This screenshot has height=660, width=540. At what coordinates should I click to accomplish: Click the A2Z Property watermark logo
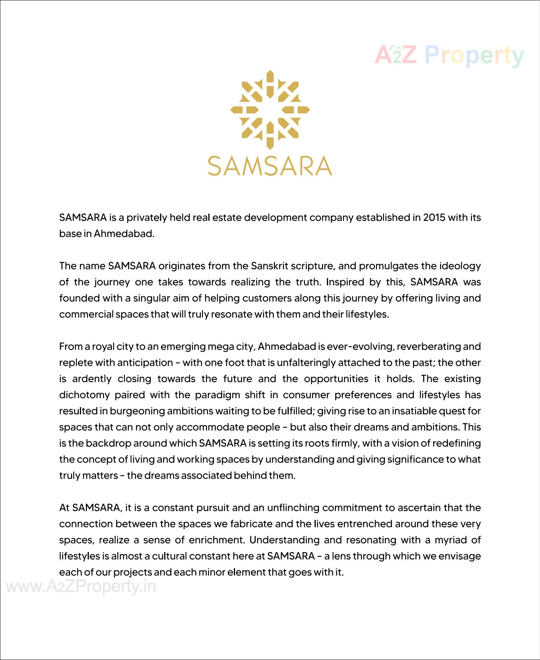click(449, 55)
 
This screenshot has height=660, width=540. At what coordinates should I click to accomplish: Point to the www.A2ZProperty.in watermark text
click(81, 587)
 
